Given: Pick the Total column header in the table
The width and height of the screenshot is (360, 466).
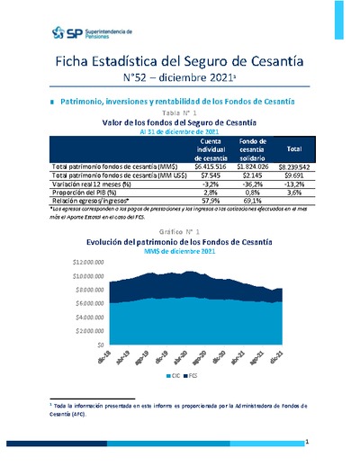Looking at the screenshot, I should point(293,148).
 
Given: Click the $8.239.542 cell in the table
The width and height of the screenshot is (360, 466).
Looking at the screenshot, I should point(293,166).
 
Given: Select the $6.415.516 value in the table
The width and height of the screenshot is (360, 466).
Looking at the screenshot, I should point(209,166).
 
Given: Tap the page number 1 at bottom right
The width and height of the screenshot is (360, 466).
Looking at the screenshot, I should point(307,442).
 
